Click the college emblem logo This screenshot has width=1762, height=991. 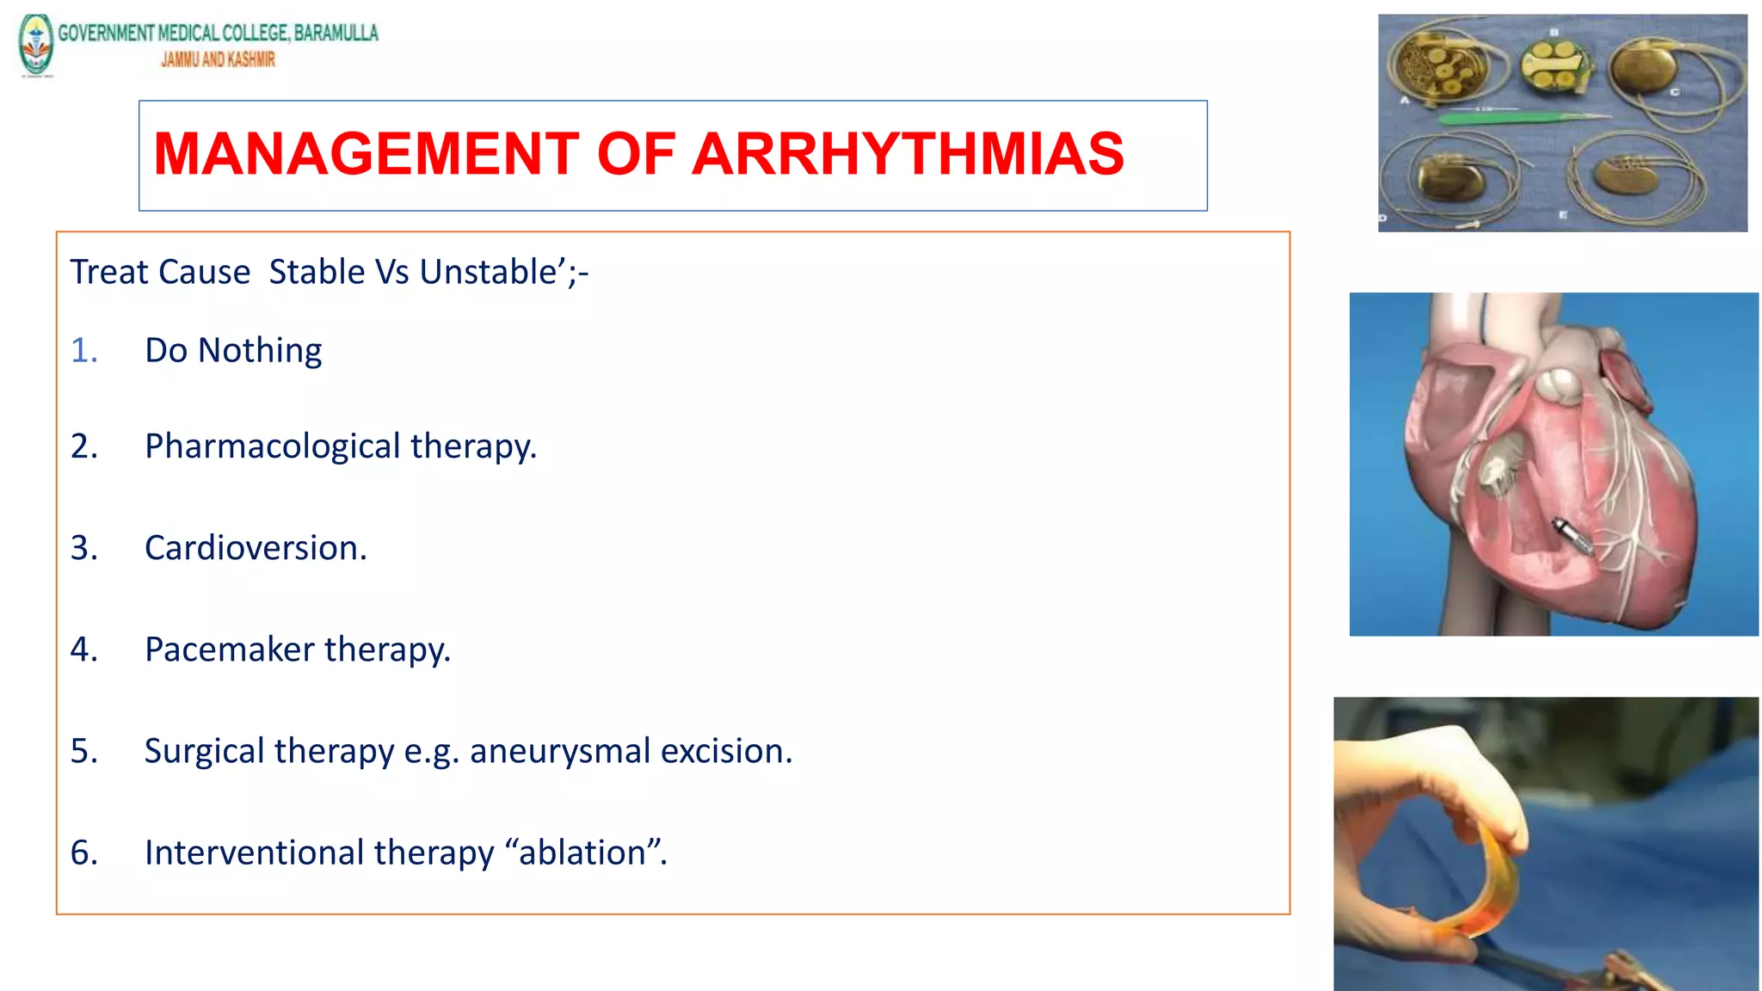click(36, 45)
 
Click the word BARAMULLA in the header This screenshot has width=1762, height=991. click(336, 33)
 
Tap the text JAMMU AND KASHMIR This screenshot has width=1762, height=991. click(218, 59)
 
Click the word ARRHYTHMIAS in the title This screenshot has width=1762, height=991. click(907, 155)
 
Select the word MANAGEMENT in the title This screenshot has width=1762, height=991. click(367, 155)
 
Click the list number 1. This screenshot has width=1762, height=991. click(83, 351)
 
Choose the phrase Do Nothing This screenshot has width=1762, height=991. click(233, 351)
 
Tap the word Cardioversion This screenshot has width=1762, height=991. click(255, 548)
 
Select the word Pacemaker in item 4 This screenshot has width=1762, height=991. click(229, 649)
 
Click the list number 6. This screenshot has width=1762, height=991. click(83, 853)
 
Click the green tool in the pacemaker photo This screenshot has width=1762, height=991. click(1514, 116)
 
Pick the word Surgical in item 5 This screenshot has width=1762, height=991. click(204, 752)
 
